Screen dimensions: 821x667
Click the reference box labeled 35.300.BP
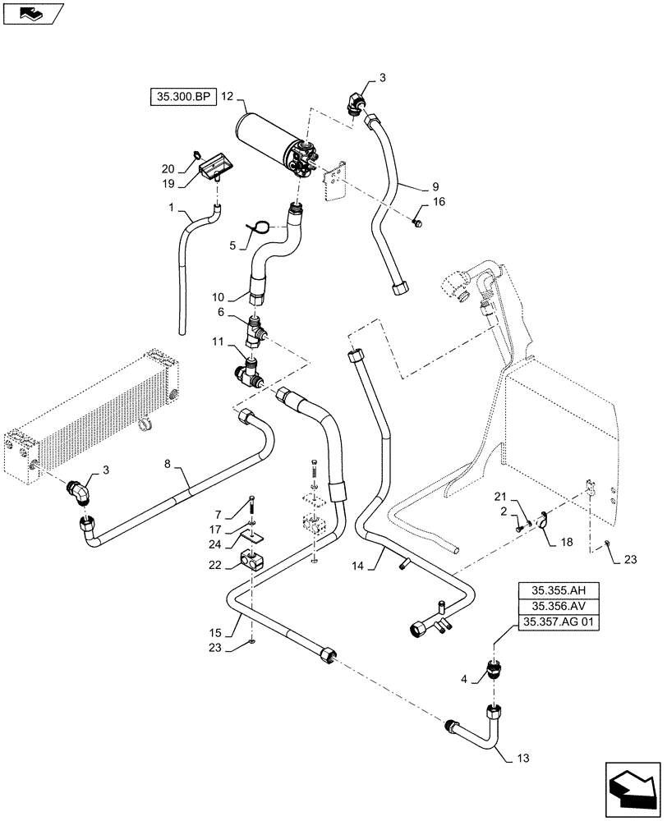[x=182, y=98]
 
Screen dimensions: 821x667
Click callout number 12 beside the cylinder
[x=228, y=98]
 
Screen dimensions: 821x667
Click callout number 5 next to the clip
[x=233, y=244]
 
